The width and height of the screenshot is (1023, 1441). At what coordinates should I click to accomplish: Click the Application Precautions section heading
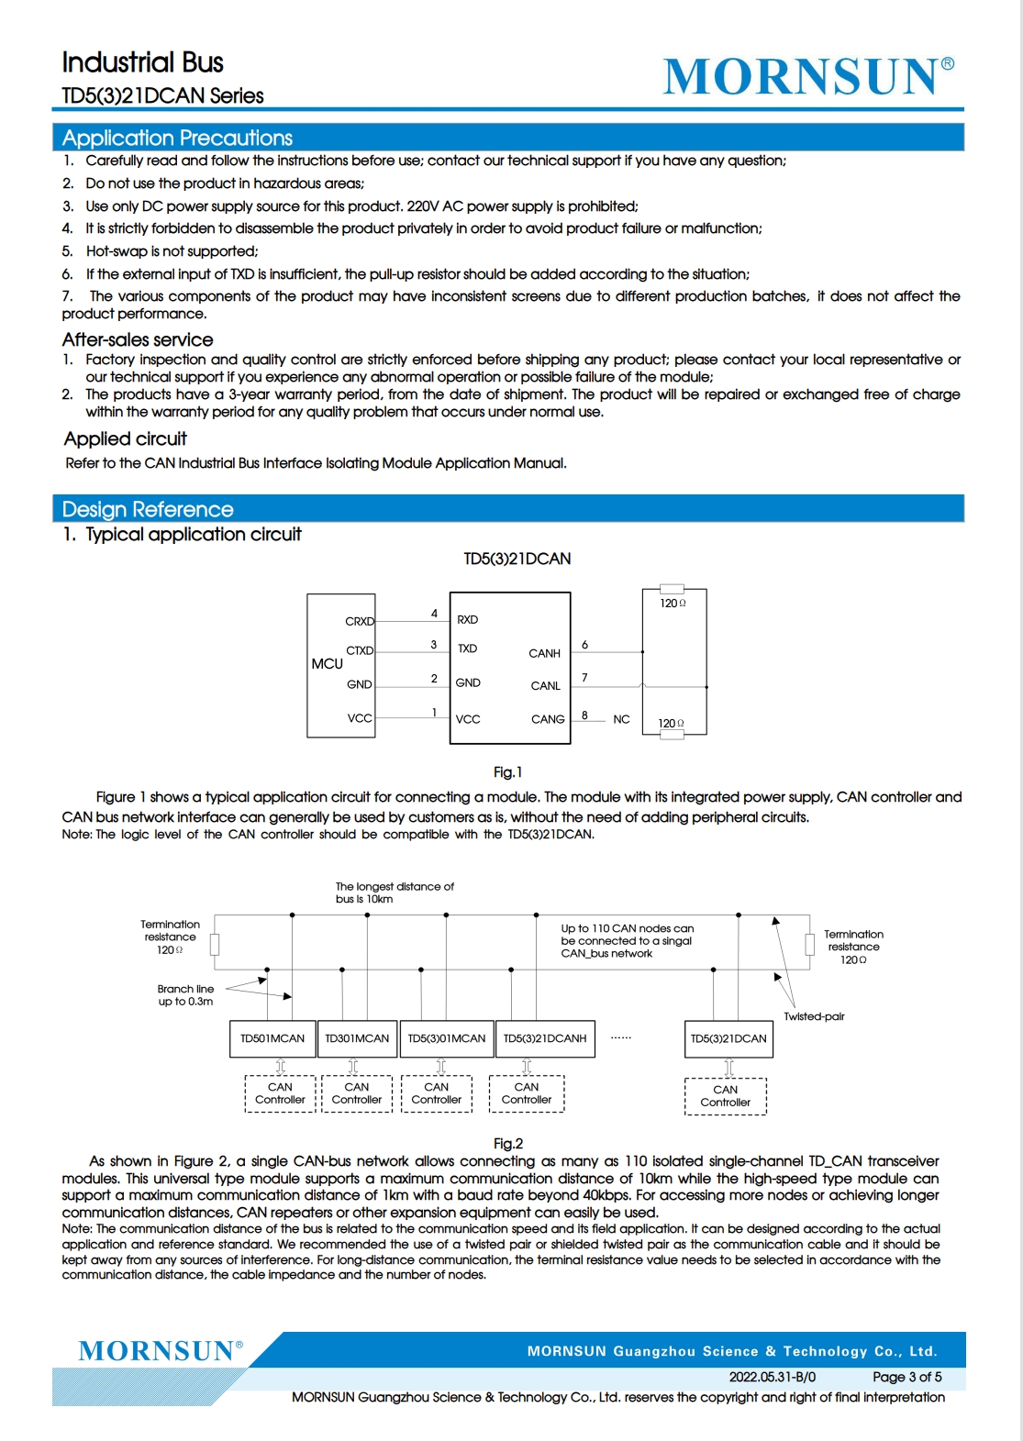(177, 139)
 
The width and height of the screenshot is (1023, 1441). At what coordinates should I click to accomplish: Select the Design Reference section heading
(148, 510)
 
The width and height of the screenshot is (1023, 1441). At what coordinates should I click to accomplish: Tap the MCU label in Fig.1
(327, 664)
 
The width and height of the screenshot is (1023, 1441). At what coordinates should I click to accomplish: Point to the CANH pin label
(544, 654)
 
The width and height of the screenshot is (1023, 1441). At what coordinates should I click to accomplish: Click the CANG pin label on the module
(548, 720)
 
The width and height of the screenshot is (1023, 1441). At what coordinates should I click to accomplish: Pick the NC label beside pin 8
(621, 720)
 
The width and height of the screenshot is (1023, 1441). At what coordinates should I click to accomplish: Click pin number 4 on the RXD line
(434, 614)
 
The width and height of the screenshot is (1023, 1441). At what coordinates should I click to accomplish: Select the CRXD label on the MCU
(360, 622)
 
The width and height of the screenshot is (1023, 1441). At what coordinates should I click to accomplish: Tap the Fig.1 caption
(507, 772)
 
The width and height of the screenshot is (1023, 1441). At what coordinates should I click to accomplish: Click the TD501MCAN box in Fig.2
(272, 1039)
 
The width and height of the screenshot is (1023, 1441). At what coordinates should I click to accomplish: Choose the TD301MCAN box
(357, 1039)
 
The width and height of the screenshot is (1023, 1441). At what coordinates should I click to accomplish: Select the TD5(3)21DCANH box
(545, 1039)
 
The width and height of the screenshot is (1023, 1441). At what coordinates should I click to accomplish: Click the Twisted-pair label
(814, 1016)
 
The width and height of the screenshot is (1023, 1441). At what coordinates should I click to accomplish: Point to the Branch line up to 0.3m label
(185, 995)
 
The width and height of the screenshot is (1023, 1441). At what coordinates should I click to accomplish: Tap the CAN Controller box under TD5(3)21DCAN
(725, 1096)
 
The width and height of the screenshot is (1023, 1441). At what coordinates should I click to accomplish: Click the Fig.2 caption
(507, 1144)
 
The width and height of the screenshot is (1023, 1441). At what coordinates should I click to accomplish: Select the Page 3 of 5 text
(906, 1377)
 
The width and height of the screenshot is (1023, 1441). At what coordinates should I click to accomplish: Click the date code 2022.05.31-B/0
(772, 1377)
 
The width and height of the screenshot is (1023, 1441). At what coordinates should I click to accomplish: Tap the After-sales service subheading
(138, 340)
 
